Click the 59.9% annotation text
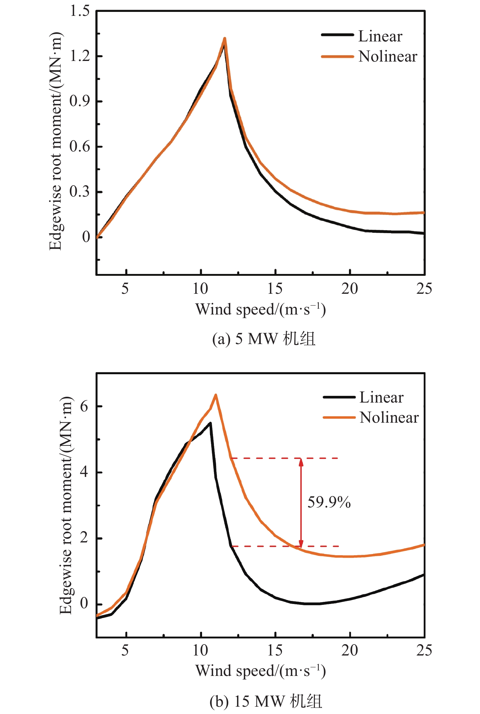[x=329, y=503]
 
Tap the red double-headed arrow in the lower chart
[x=301, y=502]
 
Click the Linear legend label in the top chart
[x=380, y=37]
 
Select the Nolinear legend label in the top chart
[x=388, y=57]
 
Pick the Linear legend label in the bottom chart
[x=381, y=398]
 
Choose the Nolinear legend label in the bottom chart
[x=389, y=418]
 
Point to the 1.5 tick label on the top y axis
[x=80, y=11]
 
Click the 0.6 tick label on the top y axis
[x=80, y=147]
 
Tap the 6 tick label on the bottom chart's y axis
[x=84, y=407]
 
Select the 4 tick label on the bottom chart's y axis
[x=84, y=472]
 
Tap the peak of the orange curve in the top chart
[x=225, y=39]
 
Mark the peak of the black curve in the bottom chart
[x=210, y=423]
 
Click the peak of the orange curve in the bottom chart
[x=216, y=395]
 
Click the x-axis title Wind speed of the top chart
[x=260, y=309]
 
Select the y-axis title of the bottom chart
[x=66, y=505]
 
